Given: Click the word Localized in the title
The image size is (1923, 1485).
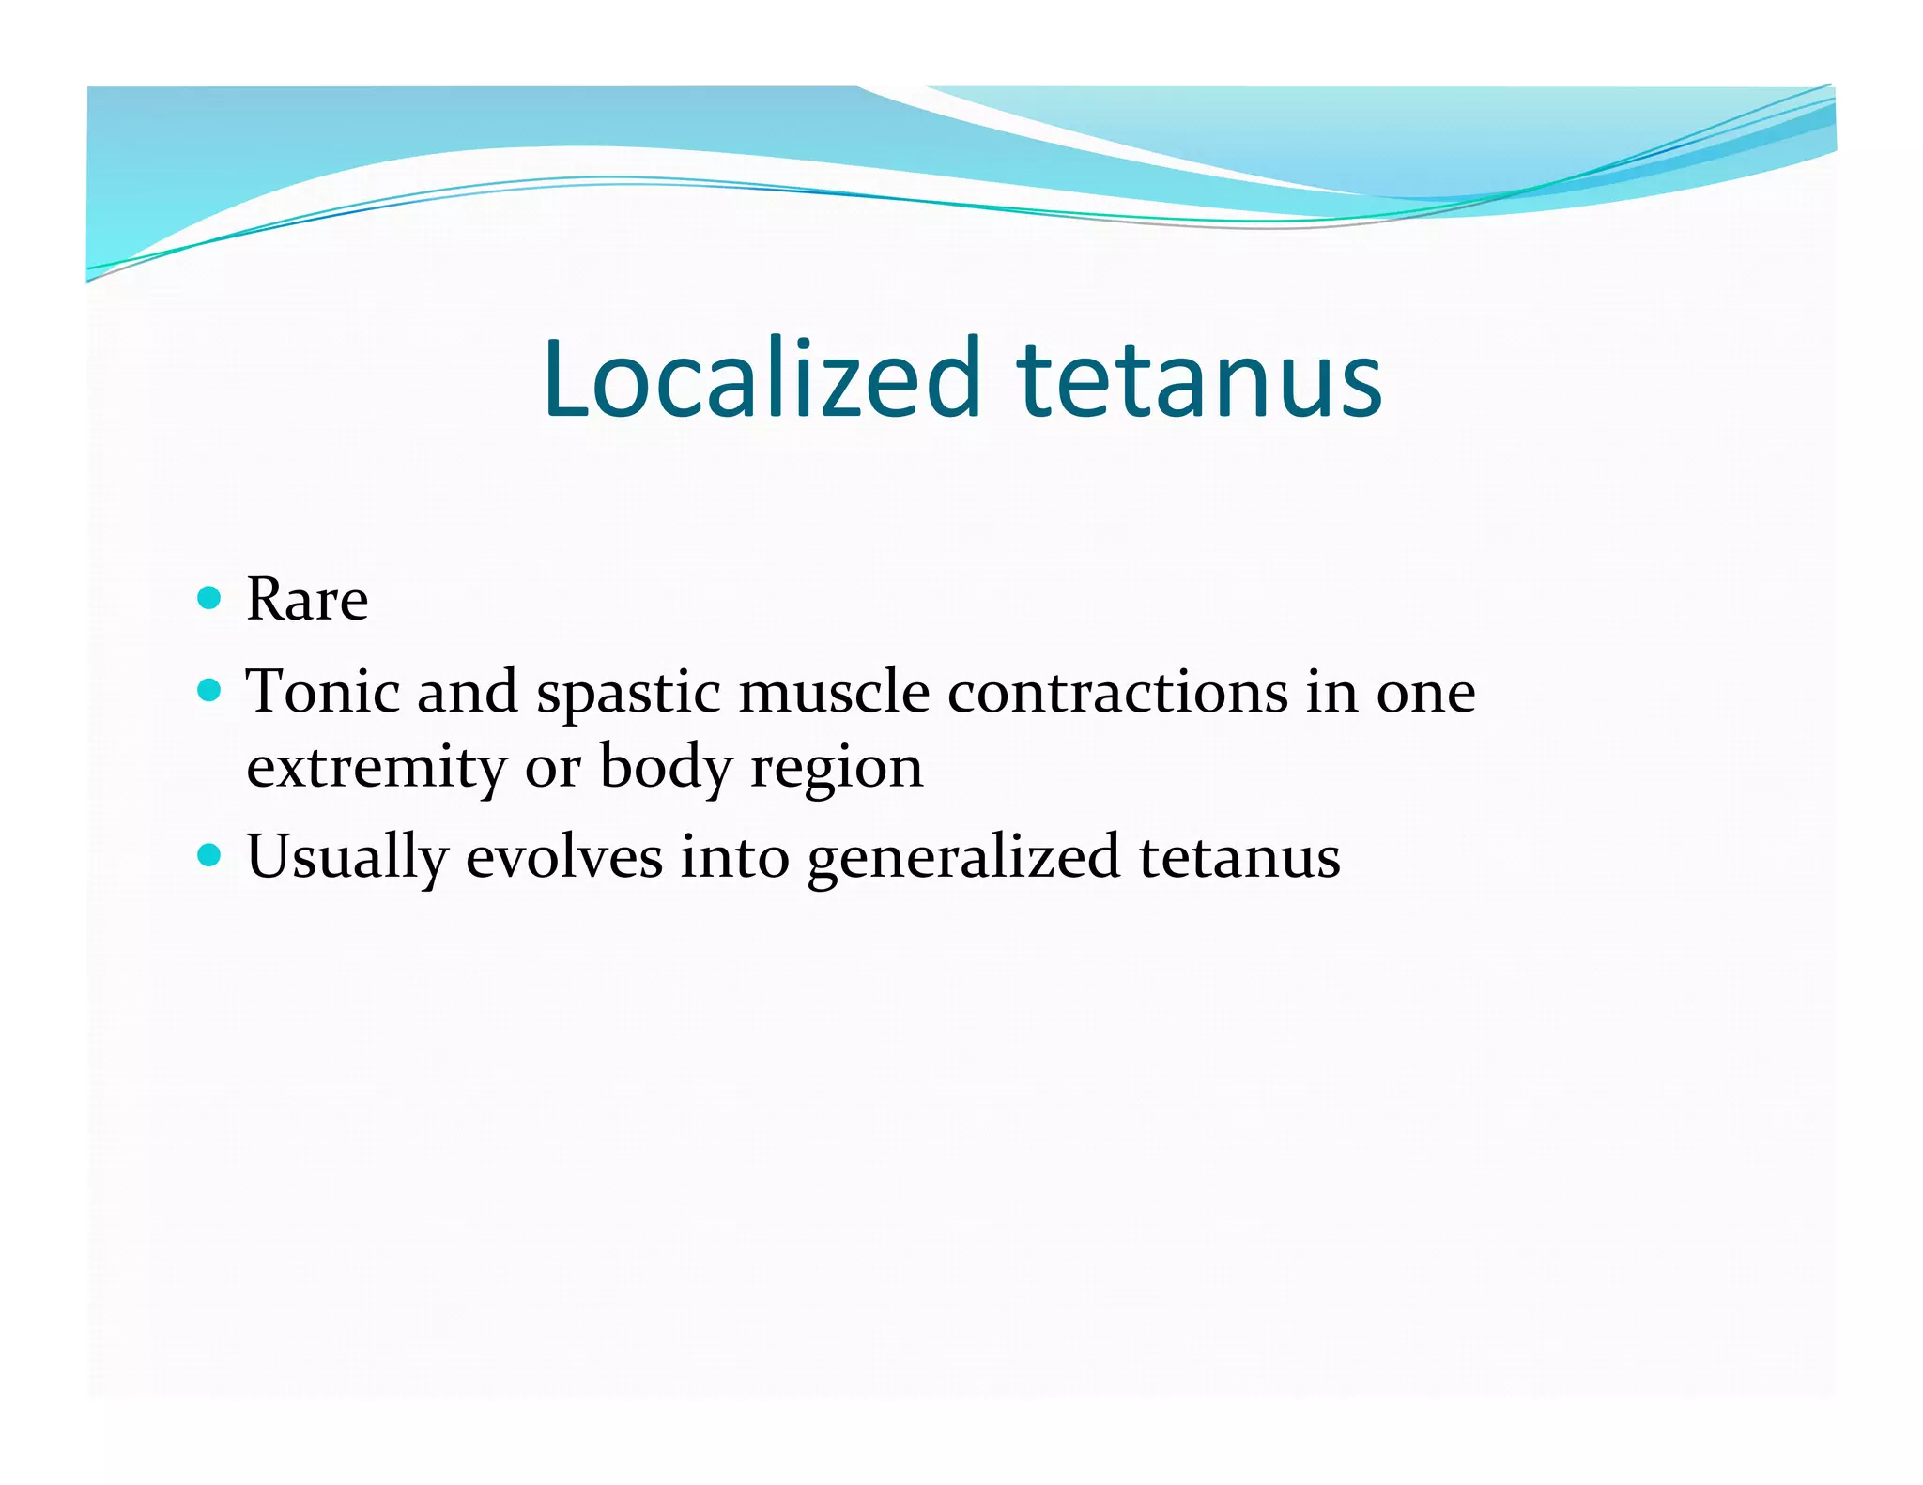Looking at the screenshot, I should pyautogui.click(x=762, y=378).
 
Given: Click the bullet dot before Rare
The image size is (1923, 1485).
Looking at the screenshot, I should pyautogui.click(x=210, y=598).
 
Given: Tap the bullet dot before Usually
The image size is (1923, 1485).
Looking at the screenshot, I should pyautogui.click(x=210, y=856).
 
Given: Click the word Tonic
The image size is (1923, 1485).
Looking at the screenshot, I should pyautogui.click(x=321, y=692).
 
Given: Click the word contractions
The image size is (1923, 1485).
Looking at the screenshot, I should pyautogui.click(x=1117, y=692).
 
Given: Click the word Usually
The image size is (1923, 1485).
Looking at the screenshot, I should pyautogui.click(x=346, y=858).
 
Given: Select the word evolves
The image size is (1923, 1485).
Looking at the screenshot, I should pyautogui.click(x=564, y=857).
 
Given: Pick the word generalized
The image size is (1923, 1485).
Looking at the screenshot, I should pyautogui.click(x=963, y=858).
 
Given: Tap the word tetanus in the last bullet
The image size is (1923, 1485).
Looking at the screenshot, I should pyautogui.click(x=1239, y=857).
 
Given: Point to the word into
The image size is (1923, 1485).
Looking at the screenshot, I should pyautogui.click(x=734, y=857).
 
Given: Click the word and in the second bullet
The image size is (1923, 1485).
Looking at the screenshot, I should pyautogui.click(x=467, y=692).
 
